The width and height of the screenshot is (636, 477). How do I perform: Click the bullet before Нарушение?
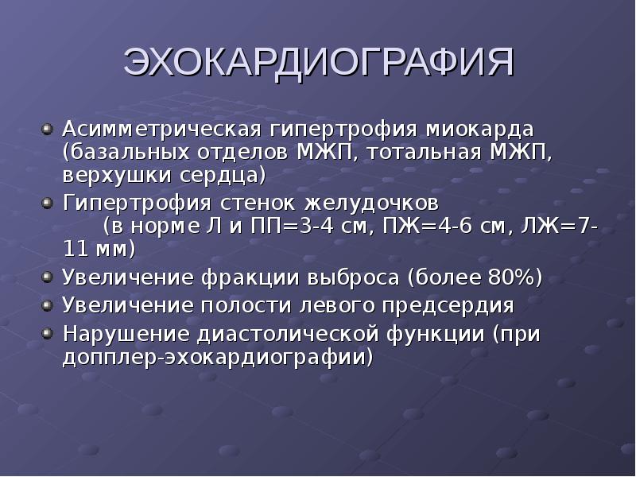point(48,332)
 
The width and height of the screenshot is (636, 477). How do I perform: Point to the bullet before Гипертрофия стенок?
point(48,201)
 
